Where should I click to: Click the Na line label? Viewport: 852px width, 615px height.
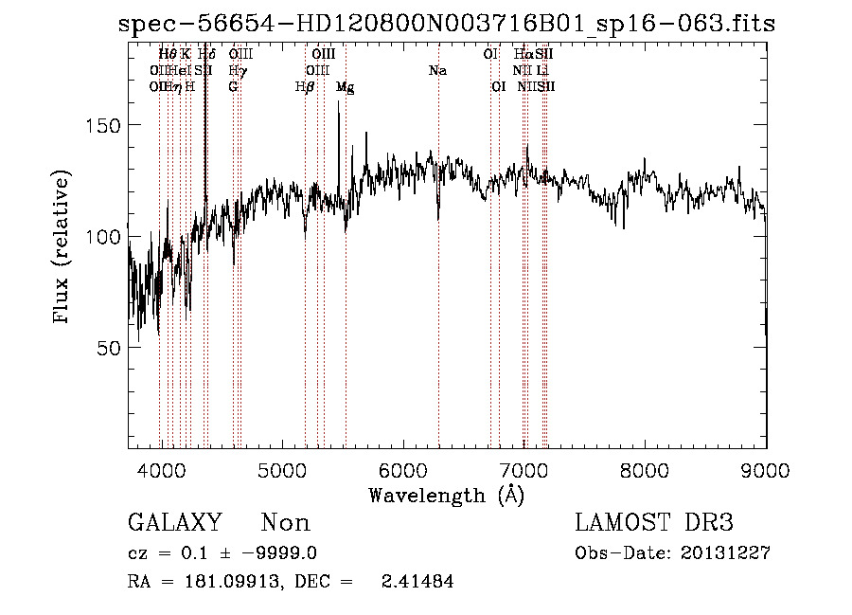[x=436, y=70]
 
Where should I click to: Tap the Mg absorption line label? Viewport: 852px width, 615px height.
[x=346, y=86]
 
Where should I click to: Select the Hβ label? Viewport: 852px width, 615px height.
[x=304, y=86]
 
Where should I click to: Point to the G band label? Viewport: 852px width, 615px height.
[x=233, y=86]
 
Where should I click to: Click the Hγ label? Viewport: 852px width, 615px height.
[x=238, y=70]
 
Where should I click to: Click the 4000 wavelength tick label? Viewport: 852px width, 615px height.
[x=162, y=471]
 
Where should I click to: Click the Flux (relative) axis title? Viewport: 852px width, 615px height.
[x=63, y=248]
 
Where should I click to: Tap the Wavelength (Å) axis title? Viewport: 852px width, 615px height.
[x=446, y=495]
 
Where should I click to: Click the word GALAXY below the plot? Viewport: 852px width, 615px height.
[x=174, y=523]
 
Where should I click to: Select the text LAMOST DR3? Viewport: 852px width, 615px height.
[x=654, y=523]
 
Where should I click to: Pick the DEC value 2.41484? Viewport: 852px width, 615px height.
[x=417, y=582]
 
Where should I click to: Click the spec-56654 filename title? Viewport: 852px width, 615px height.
[x=446, y=24]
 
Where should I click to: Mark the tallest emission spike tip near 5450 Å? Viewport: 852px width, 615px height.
[x=339, y=101]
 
